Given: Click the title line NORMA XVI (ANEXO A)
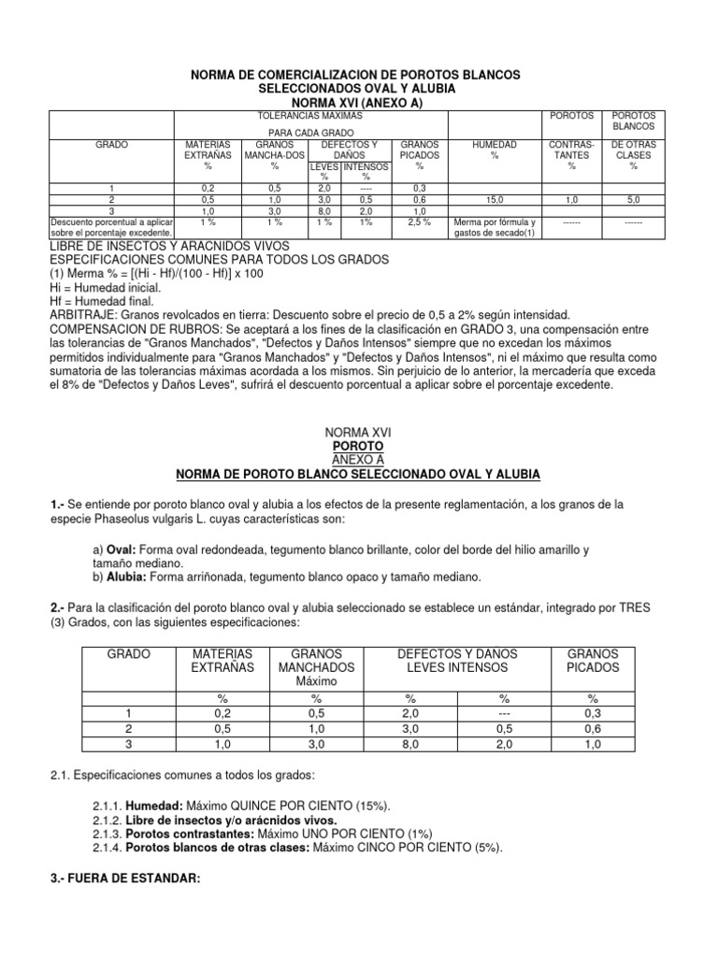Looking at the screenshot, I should (358, 102).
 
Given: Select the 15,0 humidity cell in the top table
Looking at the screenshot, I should (494, 199).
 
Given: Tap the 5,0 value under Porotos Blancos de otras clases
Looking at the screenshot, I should (633, 199).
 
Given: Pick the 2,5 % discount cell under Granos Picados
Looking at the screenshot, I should (419, 222).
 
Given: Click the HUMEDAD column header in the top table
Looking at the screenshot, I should (494, 146).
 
